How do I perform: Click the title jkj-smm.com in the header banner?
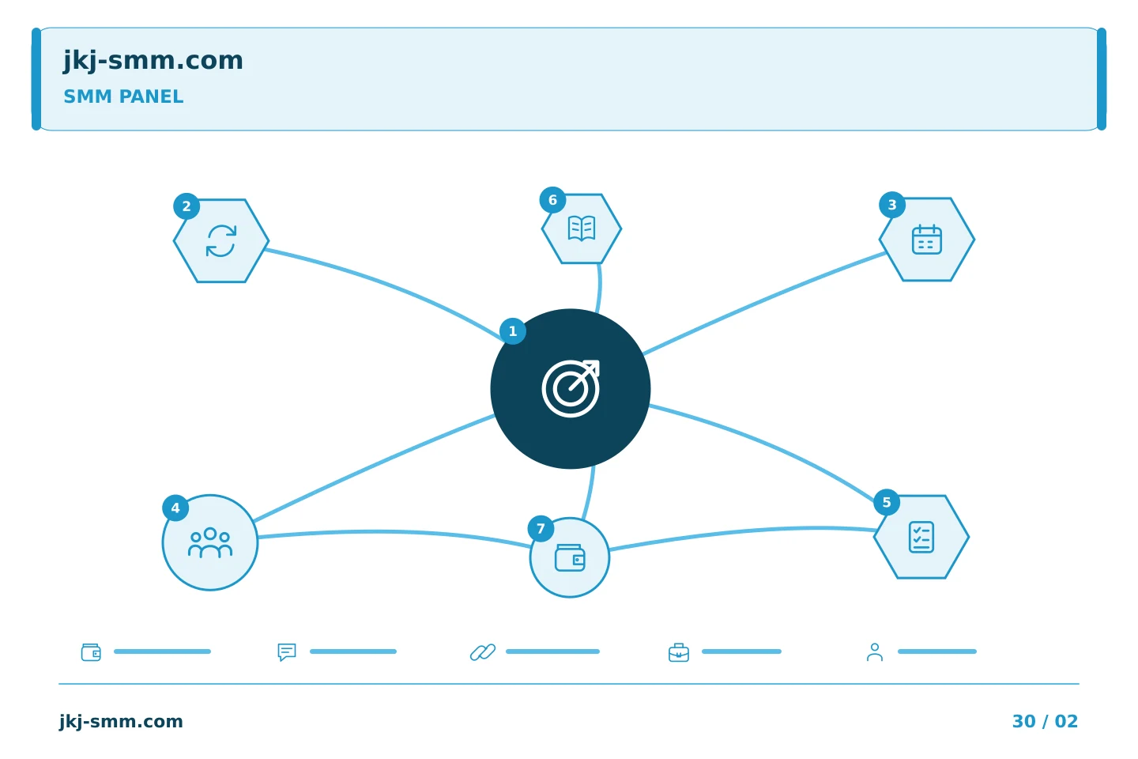(x=153, y=61)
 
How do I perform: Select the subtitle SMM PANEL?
(x=123, y=96)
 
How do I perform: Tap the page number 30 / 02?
(x=1045, y=721)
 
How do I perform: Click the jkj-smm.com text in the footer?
(x=121, y=722)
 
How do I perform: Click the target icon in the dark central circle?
(x=571, y=389)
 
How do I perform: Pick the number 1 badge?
(x=513, y=331)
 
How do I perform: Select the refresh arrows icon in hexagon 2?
(x=221, y=241)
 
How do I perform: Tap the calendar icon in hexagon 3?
(x=927, y=239)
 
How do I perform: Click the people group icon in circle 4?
(x=210, y=543)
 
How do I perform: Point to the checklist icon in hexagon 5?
(x=921, y=537)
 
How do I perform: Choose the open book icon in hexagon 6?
(x=581, y=228)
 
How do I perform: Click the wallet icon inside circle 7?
(x=570, y=557)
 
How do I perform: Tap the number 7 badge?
(x=541, y=529)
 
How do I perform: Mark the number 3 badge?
(x=892, y=205)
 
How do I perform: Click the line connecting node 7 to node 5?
(x=742, y=532)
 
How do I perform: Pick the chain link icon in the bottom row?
(x=483, y=652)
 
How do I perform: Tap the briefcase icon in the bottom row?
(x=679, y=652)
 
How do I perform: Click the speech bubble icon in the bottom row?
(x=287, y=652)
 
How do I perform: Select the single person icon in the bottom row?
(x=874, y=652)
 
